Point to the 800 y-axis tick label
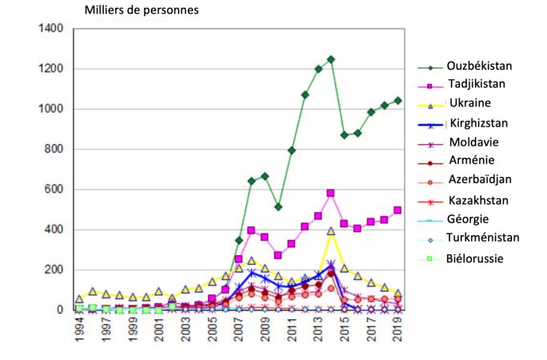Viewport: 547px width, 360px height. click(54, 150)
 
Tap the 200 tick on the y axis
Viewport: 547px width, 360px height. click(54, 270)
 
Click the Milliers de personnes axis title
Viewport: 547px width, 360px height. click(142, 10)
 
